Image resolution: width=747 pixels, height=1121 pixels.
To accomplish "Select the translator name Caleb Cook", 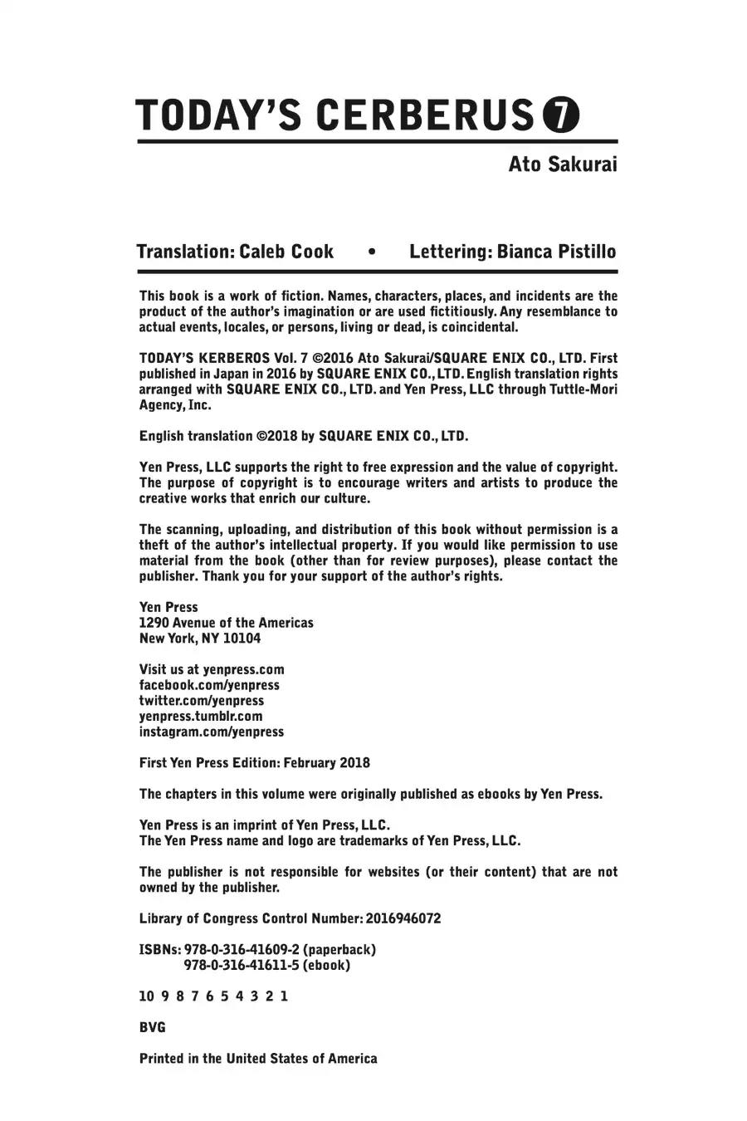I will click(x=286, y=252).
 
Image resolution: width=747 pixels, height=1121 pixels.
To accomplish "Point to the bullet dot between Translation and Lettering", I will click(x=371, y=252).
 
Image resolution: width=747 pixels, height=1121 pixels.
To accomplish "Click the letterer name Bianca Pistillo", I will click(x=556, y=252).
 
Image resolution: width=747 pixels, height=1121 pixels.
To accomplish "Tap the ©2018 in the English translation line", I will click(x=276, y=436).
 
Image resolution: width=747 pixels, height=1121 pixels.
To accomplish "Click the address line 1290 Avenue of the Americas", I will click(x=227, y=623).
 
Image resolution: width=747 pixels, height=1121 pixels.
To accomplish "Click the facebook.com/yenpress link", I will click(x=209, y=685).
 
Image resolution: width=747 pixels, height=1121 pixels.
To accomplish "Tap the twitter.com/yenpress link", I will click(x=202, y=701).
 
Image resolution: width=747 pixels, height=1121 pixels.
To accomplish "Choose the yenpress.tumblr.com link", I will click(x=201, y=716).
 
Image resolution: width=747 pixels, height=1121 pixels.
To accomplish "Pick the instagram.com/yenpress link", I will click(x=212, y=732).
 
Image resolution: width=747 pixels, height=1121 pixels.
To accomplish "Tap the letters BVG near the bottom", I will click(x=153, y=1027).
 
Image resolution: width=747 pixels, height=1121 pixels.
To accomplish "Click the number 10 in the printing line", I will click(x=148, y=996).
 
